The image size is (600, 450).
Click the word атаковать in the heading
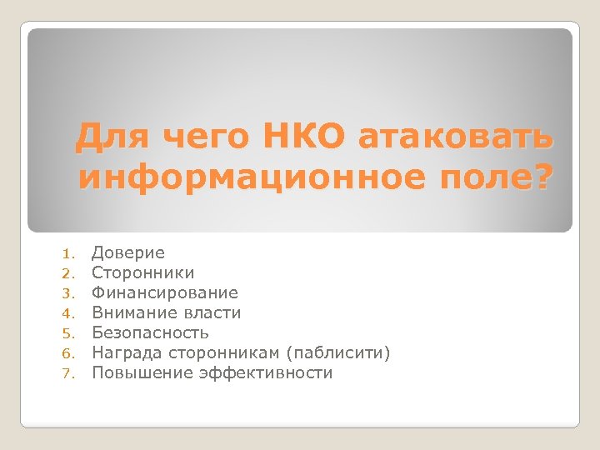coord(456,137)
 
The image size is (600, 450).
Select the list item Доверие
coord(128,252)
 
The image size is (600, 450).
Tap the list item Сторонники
coord(142,272)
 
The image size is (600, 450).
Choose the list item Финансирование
coord(164,292)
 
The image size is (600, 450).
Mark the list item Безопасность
coord(150,332)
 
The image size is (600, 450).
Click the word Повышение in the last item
coord(142,372)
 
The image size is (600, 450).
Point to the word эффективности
coord(266,372)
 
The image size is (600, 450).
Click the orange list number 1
coord(72,253)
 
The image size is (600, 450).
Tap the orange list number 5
coord(72,333)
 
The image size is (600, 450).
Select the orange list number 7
coord(72,373)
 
